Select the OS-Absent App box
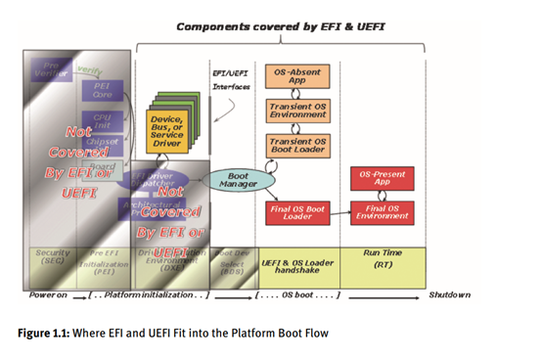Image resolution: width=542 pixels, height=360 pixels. (x=296, y=76)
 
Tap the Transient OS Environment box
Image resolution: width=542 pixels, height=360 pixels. (x=296, y=109)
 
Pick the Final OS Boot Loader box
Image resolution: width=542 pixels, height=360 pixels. (x=296, y=211)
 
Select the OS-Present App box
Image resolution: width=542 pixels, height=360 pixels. (x=382, y=177)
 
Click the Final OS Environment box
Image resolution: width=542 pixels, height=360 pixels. (x=382, y=211)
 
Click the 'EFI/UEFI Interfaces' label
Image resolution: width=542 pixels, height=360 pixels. (x=232, y=79)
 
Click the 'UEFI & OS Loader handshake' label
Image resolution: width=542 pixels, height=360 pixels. (x=296, y=264)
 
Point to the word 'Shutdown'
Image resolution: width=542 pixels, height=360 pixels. (x=451, y=294)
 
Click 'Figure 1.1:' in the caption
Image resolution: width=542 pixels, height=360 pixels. (x=41, y=333)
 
